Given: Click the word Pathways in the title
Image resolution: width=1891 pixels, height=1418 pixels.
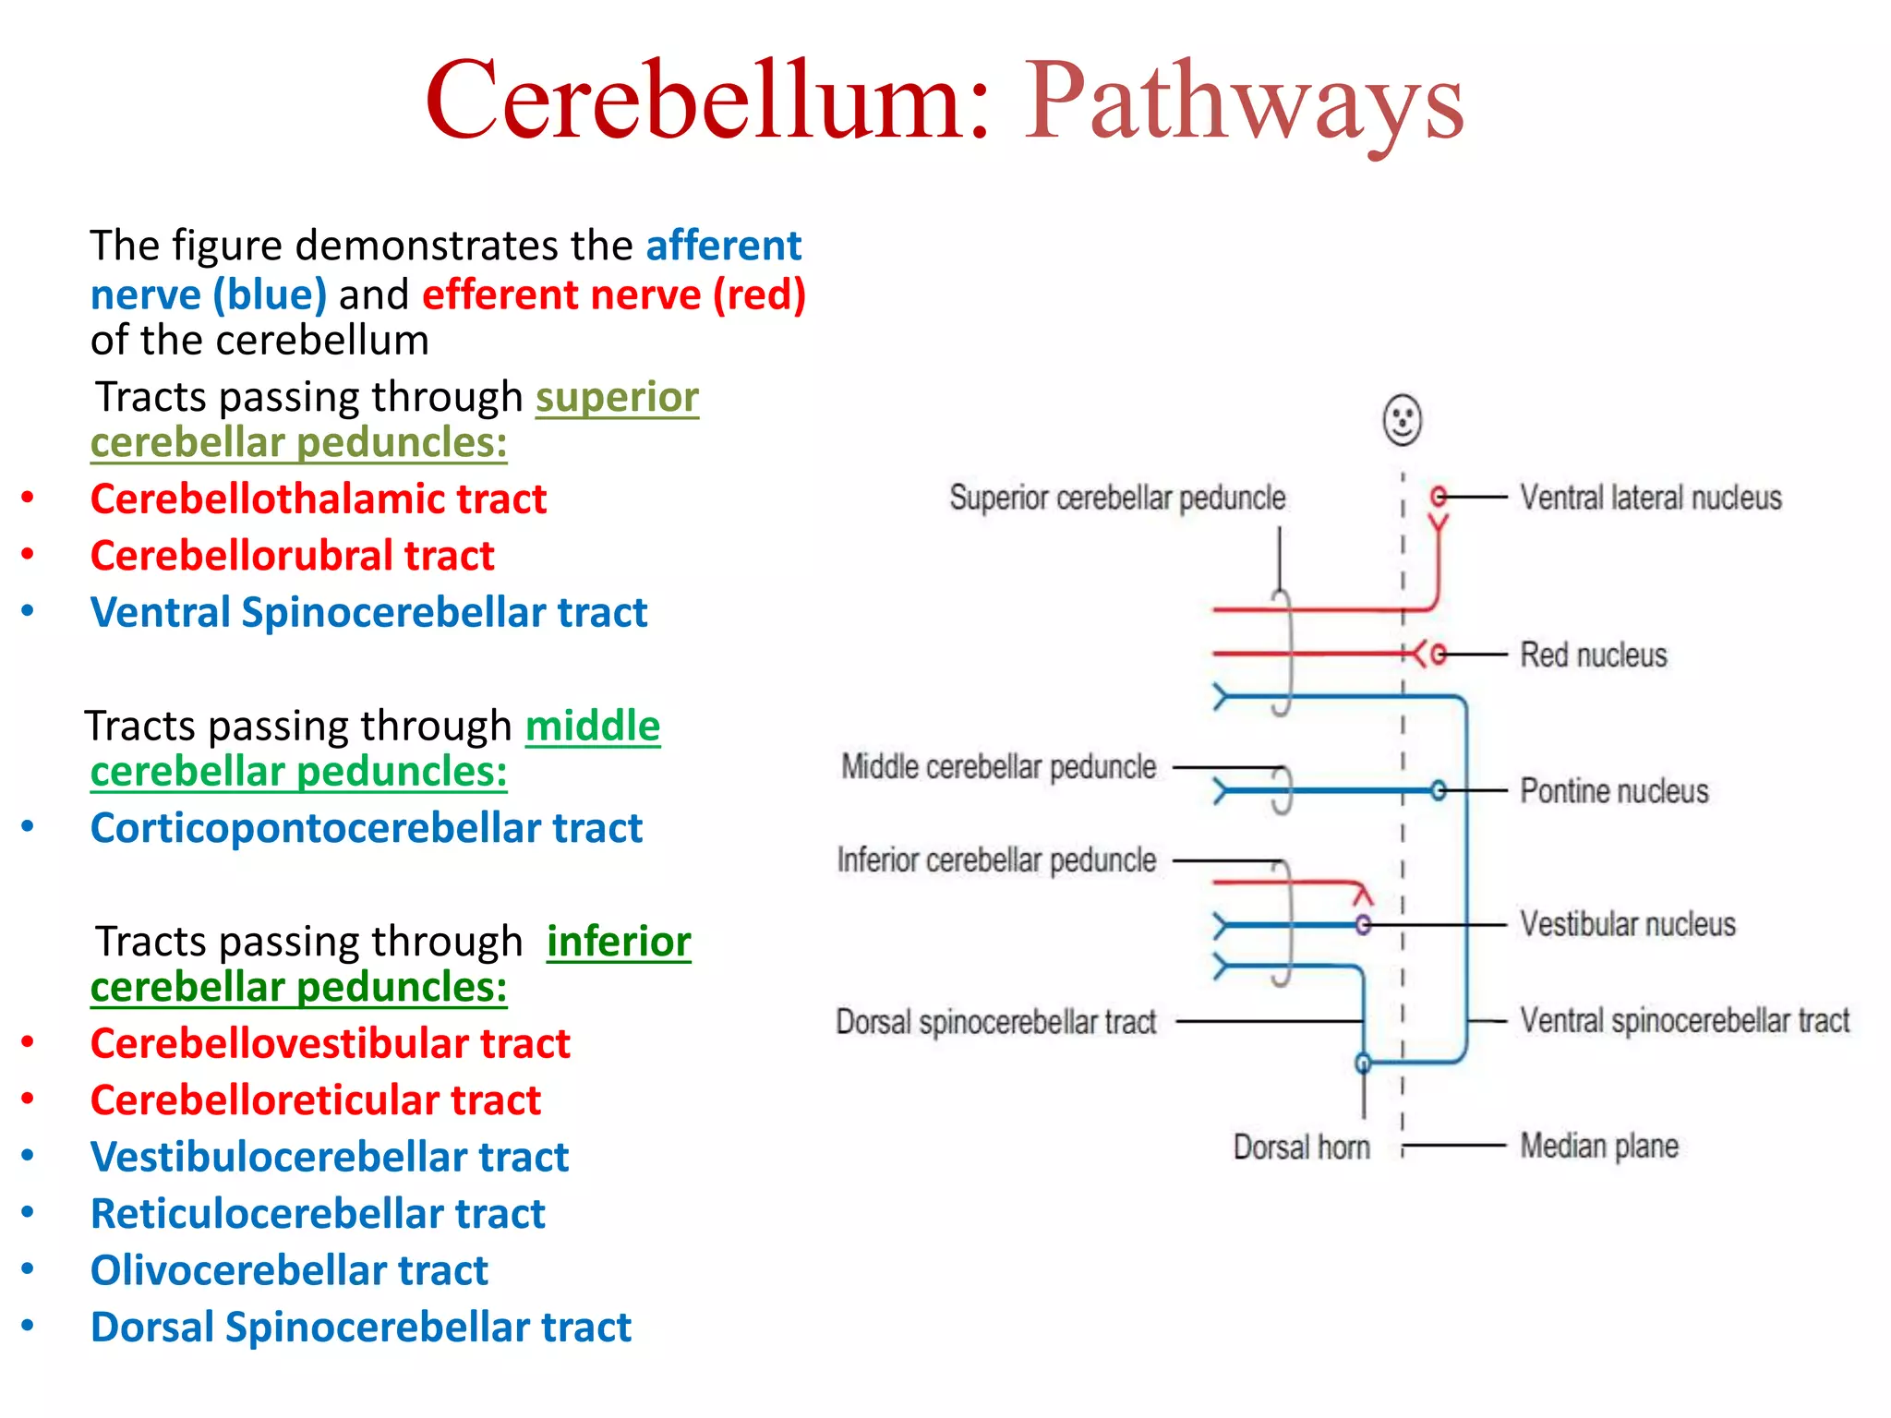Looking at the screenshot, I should tap(1243, 102).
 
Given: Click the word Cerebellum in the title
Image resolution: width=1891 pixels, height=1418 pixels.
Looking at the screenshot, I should tap(706, 102).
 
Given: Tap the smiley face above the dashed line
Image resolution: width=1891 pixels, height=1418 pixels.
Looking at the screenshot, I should tap(1402, 421).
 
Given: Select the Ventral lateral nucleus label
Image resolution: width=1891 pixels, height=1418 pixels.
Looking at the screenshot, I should tap(1650, 499).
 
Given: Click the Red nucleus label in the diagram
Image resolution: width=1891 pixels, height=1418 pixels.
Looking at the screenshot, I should tap(1594, 655).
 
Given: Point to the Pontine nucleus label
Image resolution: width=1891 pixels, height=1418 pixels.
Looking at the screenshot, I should tap(1614, 791).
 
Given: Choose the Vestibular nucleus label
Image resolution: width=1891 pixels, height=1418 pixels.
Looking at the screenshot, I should tap(1628, 924).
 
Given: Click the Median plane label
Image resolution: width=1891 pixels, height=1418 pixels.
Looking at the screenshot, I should tap(1599, 1147).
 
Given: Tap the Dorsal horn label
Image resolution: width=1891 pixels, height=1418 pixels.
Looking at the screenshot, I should tap(1301, 1148).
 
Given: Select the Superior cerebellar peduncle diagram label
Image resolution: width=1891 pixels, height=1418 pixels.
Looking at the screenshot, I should tap(1117, 499).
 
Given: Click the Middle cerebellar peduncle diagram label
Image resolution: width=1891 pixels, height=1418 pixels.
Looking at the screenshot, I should tap(998, 767).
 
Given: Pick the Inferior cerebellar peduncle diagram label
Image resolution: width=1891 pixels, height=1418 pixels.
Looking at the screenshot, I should tap(996, 860).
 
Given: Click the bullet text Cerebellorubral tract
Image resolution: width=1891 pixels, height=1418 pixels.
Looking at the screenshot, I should tap(292, 556).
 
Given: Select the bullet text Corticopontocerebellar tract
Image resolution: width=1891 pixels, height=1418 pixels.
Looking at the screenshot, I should tap(366, 828).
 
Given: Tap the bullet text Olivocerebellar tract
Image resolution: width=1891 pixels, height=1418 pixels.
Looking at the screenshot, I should tap(288, 1270).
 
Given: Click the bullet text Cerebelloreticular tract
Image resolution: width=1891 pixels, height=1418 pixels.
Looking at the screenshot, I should tap(315, 1100).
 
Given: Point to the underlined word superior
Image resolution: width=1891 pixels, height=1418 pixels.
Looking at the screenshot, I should tap(617, 397).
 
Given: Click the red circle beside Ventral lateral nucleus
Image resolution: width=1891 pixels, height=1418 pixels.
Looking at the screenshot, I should tap(1438, 497).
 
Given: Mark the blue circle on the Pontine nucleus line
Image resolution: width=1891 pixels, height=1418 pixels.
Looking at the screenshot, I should tap(1438, 791).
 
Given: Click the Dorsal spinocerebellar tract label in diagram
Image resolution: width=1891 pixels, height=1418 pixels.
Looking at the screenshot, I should tap(995, 1022).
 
